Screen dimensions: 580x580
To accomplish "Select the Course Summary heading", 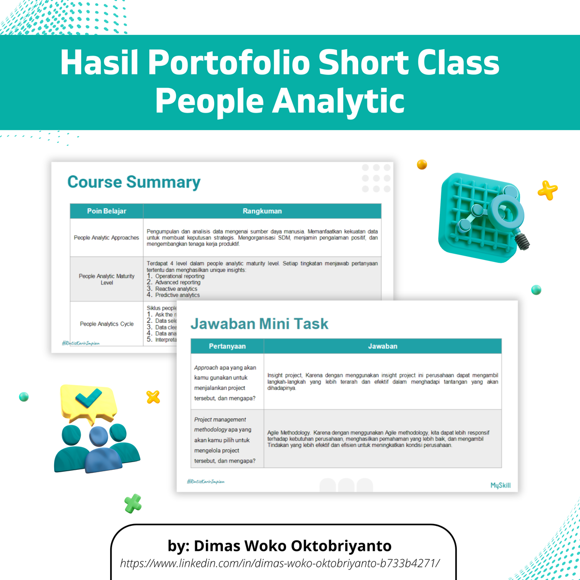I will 134,182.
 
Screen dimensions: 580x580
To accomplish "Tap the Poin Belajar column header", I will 106,211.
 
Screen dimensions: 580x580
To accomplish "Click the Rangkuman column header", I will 262,211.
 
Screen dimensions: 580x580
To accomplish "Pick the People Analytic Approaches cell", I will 106,238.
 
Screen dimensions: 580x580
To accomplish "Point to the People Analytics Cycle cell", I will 107,324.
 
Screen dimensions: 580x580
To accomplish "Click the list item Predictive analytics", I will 177,295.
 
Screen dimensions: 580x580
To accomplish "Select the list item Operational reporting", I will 179,276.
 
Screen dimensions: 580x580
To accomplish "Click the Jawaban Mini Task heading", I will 260,324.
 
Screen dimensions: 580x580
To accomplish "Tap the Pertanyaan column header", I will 227,346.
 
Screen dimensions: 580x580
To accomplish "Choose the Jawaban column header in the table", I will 382,346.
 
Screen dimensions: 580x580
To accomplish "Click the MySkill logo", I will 500,485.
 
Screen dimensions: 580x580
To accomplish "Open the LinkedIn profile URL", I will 280,563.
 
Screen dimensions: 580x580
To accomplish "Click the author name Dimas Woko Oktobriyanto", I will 280,546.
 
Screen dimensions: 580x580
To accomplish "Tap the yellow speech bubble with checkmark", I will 88,401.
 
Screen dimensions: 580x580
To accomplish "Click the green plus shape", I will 133,503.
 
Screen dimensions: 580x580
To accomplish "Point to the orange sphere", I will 422,165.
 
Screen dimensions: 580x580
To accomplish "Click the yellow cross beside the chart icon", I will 548,190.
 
